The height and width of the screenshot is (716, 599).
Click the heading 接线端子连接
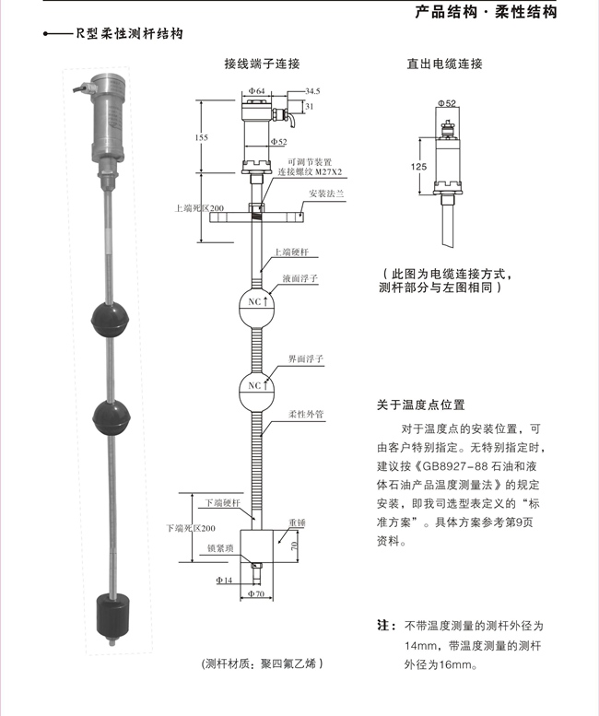[262, 65]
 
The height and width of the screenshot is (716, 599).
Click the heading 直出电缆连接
[445, 65]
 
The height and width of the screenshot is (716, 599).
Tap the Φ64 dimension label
[257, 92]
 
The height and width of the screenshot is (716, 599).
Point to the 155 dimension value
[202, 137]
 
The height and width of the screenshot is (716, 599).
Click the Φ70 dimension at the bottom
[258, 593]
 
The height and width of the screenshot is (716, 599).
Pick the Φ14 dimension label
[224, 581]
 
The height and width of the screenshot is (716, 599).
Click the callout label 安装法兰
[326, 194]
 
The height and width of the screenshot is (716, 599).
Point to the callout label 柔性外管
[304, 414]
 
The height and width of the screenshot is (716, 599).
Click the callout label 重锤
[296, 522]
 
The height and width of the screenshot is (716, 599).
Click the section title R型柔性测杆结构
[128, 34]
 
